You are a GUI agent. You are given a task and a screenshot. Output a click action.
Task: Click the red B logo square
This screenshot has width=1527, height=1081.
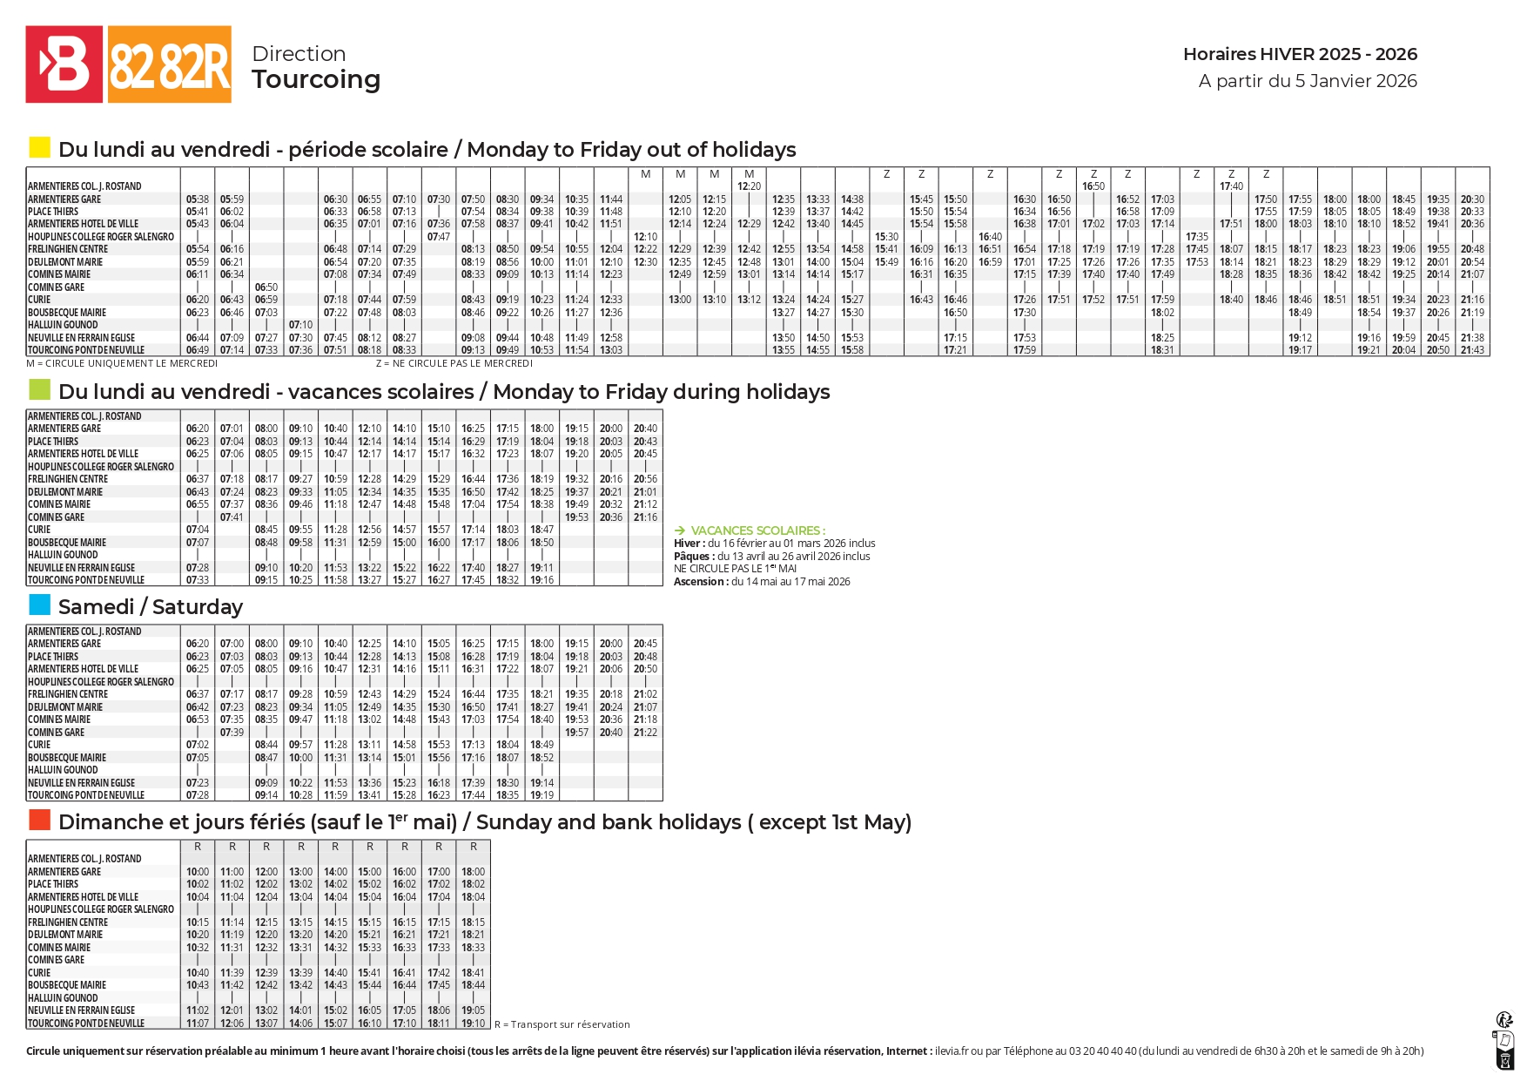[x=64, y=64]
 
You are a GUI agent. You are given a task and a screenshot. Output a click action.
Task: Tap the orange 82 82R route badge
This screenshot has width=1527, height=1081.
[x=170, y=64]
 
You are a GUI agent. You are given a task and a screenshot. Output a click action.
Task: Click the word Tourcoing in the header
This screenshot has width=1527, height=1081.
[x=316, y=79]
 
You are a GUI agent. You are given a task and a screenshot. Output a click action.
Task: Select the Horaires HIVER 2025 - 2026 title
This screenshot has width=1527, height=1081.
[x=1300, y=54]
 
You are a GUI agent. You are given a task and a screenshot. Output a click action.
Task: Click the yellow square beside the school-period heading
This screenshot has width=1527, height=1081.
[x=39, y=147]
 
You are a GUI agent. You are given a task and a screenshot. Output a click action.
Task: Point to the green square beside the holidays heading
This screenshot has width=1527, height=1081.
[x=39, y=389]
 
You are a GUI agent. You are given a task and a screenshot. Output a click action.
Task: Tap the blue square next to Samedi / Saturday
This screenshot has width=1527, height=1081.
[x=39, y=605]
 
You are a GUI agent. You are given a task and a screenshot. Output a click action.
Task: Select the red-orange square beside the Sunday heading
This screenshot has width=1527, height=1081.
[x=39, y=820]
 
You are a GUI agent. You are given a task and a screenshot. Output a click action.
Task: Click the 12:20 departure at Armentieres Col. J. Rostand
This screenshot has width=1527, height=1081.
[x=749, y=186]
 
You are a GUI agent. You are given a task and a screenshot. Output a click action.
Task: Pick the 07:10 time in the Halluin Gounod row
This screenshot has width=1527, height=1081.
[x=300, y=325]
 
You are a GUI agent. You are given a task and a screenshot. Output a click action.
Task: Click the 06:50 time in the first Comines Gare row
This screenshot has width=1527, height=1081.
[x=266, y=287]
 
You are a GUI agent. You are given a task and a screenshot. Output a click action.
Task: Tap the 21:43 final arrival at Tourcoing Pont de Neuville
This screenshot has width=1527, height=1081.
[x=1472, y=350]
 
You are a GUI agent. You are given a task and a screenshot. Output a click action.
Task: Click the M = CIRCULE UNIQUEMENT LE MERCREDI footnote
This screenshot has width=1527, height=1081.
[x=122, y=363]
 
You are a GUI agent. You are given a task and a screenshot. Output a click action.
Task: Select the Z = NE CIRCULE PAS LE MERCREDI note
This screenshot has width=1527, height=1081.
[x=454, y=363]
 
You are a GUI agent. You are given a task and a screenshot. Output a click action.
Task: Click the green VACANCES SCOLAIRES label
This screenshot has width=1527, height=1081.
[x=757, y=530]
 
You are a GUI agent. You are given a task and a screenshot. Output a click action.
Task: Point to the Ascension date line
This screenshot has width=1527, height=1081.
[x=762, y=582]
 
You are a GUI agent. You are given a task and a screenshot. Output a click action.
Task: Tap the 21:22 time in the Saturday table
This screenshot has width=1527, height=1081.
[x=645, y=733]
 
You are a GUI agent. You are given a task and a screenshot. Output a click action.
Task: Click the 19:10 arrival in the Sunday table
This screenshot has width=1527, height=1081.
[x=473, y=1024]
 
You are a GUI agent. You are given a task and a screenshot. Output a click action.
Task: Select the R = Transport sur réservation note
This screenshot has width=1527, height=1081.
[x=562, y=1024]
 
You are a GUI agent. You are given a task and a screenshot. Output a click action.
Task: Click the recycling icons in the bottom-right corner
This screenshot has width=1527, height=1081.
[x=1504, y=1040]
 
